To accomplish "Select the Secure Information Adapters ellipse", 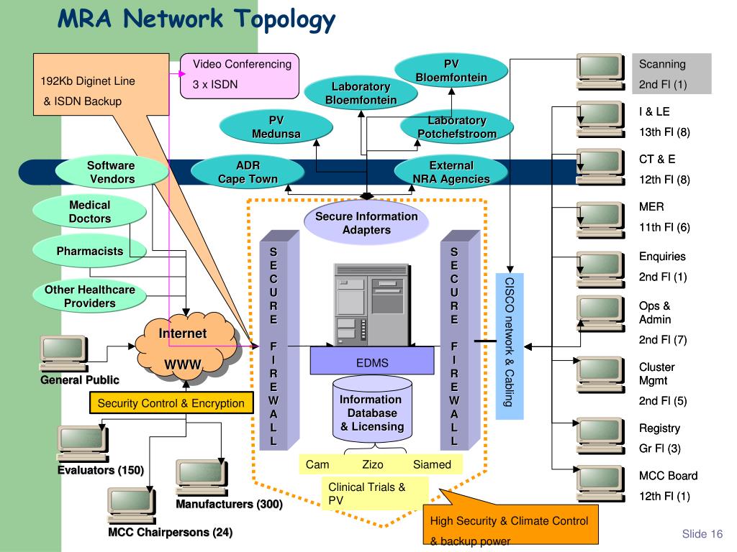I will (x=366, y=223).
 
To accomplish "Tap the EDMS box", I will (x=372, y=362).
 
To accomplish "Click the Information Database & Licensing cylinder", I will (x=371, y=413).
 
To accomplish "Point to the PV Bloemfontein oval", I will (x=451, y=70).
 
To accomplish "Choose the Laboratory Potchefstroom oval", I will (x=457, y=127).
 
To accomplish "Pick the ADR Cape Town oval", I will (x=248, y=172).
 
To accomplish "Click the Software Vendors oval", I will (x=111, y=172).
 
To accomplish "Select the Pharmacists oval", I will (x=90, y=252).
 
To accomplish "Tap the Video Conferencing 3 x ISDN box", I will (x=239, y=75).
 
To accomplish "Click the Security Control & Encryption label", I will (x=171, y=403).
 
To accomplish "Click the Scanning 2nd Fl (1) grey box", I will (x=672, y=74).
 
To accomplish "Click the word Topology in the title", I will (x=284, y=19).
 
